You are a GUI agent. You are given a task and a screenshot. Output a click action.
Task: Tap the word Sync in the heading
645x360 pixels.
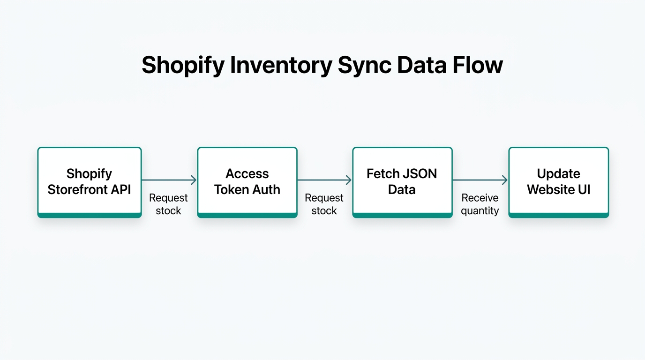[x=364, y=65]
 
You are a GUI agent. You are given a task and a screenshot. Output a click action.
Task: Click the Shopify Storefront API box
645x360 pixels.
[x=89, y=182]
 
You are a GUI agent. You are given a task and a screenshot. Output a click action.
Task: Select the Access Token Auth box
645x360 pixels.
[x=247, y=182]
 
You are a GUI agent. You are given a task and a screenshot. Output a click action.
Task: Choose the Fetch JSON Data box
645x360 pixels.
[x=402, y=182]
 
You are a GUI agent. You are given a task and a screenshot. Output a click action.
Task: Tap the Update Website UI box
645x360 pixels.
[x=558, y=182]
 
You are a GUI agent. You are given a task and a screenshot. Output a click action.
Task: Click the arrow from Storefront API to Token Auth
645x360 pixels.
[x=169, y=180]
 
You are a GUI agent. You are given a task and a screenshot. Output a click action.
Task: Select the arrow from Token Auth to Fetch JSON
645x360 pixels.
[x=324, y=180]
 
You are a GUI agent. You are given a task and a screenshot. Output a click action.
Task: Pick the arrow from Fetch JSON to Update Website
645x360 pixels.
[x=480, y=180]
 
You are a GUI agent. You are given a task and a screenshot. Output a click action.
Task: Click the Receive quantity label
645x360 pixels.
[x=480, y=204]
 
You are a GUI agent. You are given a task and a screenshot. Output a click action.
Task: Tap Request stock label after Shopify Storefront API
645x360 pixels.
[x=168, y=204]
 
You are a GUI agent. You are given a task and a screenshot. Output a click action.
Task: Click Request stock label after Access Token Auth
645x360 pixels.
[x=324, y=204]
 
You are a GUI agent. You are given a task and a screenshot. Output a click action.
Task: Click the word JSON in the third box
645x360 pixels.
[x=420, y=174]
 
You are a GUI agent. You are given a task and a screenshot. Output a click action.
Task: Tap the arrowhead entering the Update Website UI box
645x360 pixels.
[x=505, y=180]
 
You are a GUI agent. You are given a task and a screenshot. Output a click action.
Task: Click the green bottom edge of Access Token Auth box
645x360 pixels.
[x=247, y=215]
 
